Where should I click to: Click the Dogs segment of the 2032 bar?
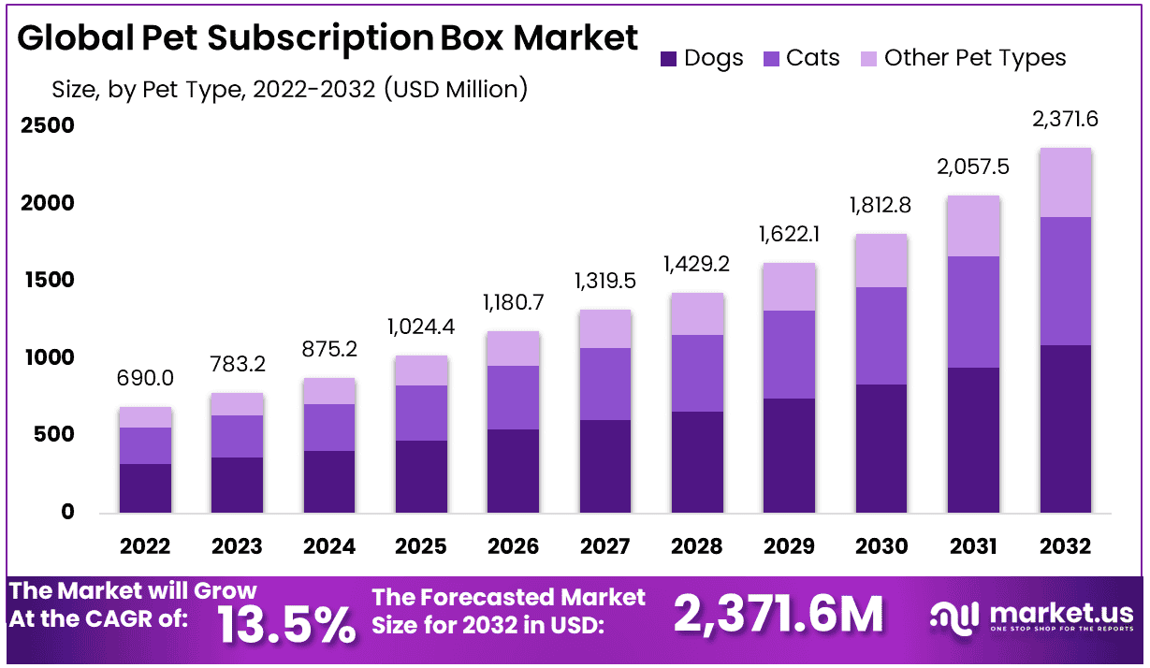1065,428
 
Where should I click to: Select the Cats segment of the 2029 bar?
789,355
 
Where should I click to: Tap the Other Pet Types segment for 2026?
513,348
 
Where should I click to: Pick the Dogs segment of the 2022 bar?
145,487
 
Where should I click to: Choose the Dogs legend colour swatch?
669,58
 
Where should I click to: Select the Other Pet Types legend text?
975,58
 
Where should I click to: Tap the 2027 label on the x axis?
604,546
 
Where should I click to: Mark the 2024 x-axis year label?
328,546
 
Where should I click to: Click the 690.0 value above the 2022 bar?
145,379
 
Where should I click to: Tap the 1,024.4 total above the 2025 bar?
421,327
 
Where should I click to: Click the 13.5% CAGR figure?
286,623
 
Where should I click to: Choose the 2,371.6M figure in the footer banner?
779,615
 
